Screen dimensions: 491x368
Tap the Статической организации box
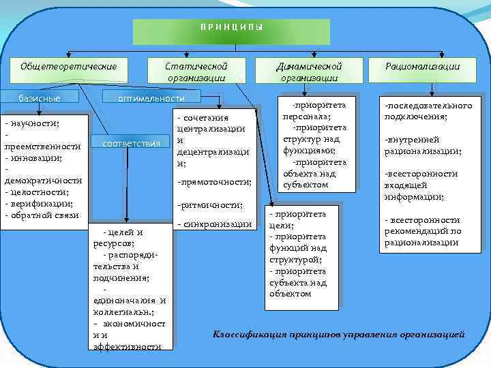(x=196, y=72)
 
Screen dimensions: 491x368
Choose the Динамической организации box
(x=308, y=72)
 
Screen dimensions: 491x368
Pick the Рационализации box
(x=422, y=66)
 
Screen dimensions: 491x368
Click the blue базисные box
(x=39, y=98)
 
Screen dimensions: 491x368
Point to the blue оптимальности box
(x=151, y=98)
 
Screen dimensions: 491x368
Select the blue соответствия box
(x=130, y=144)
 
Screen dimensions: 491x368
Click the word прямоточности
(x=214, y=182)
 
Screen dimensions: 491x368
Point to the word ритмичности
(x=210, y=204)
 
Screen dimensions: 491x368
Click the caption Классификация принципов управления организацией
(x=339, y=335)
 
